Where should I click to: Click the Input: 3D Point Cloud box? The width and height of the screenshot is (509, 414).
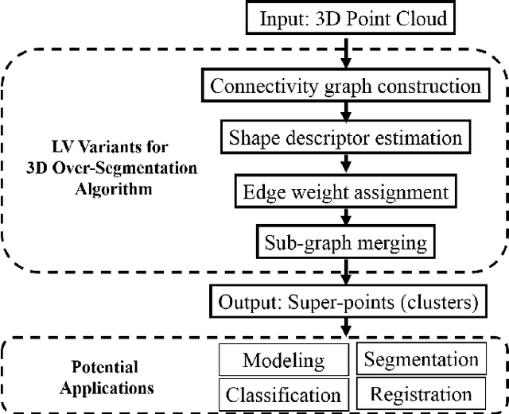348,18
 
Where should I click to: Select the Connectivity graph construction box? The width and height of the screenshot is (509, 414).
344,85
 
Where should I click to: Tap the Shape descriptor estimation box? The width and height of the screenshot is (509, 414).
344,137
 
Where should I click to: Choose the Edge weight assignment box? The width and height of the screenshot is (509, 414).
344,191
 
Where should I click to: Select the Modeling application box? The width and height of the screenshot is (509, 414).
283,360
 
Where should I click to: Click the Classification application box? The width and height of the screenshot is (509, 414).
283,394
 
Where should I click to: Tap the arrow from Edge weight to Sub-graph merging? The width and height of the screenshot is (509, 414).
345,217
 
